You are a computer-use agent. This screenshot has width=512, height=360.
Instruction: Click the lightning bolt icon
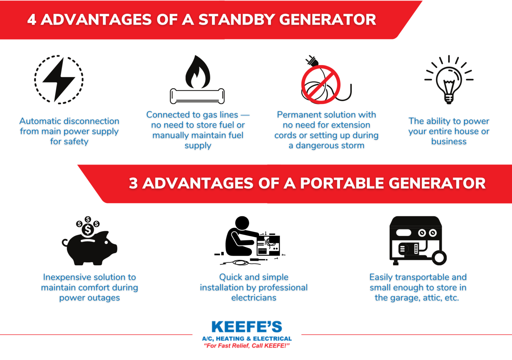click(59, 79)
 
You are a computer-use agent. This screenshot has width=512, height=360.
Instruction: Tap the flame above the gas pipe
click(198, 72)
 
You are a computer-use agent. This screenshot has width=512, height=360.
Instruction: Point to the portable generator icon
click(417, 240)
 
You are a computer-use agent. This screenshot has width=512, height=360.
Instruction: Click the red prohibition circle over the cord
click(321, 84)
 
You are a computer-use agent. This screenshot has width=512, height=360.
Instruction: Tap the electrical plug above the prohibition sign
click(312, 61)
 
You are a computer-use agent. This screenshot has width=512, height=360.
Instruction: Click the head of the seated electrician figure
click(242, 222)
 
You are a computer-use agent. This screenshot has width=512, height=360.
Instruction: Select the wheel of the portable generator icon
click(439, 258)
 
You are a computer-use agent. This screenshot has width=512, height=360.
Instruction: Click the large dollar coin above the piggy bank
click(88, 229)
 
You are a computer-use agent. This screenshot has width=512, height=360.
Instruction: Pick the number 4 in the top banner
click(32, 19)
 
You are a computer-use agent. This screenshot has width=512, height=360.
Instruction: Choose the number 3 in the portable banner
click(133, 183)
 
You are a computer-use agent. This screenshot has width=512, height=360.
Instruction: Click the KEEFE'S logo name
click(247, 327)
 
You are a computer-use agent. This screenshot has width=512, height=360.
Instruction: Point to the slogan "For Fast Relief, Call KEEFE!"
click(247, 346)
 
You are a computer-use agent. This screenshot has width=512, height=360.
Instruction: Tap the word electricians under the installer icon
click(254, 298)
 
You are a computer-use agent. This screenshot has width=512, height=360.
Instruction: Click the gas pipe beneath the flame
click(197, 96)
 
